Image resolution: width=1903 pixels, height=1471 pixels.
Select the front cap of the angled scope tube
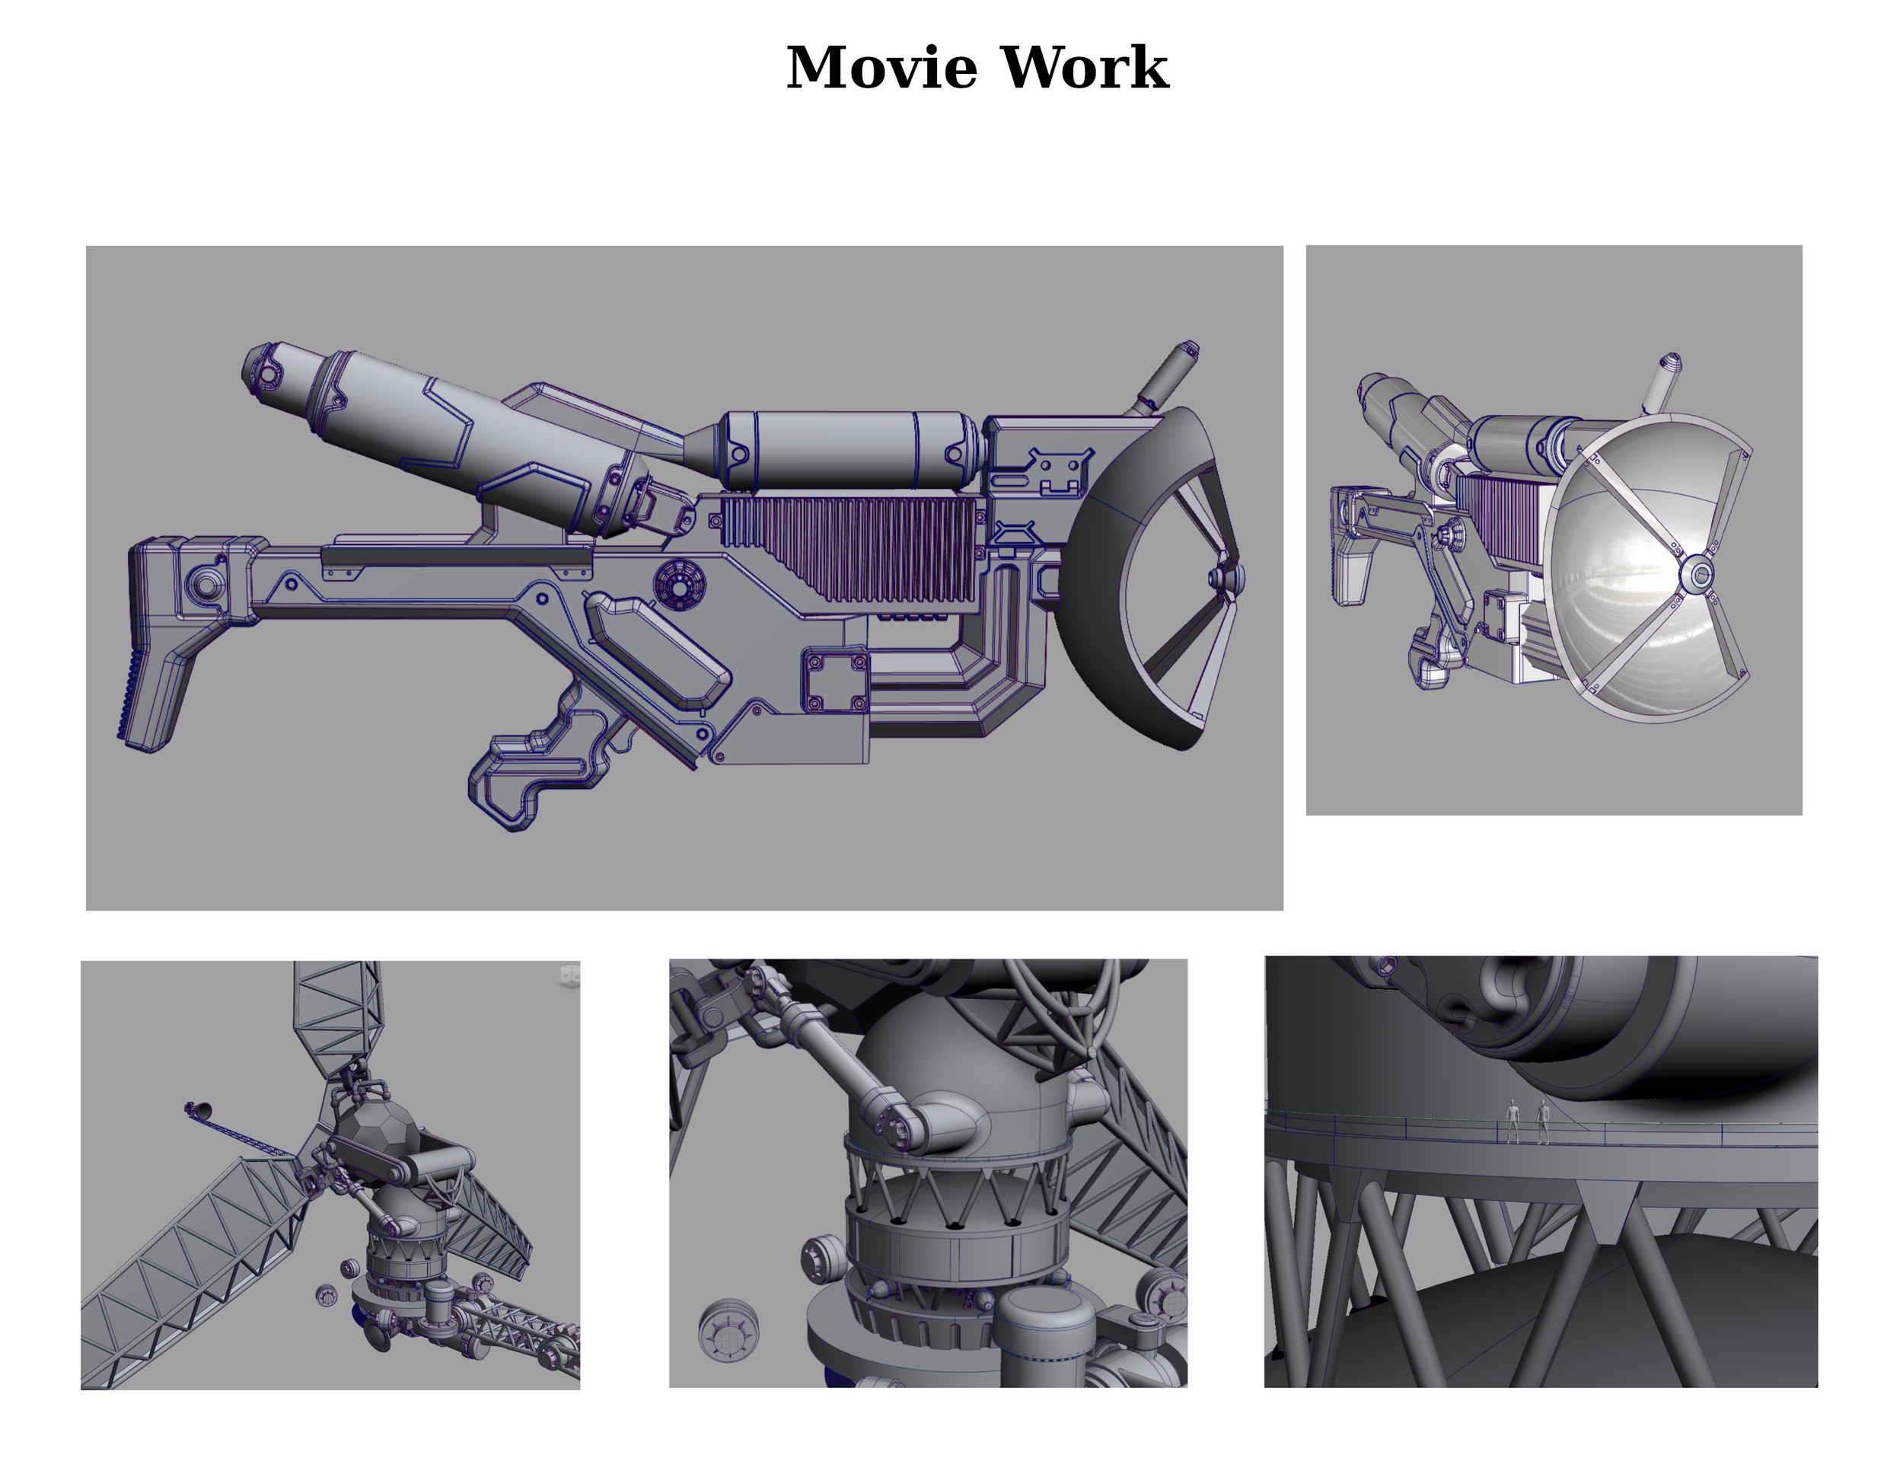pyautogui.click(x=261, y=366)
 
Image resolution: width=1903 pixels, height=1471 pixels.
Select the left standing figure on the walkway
pyautogui.click(x=1513, y=1120)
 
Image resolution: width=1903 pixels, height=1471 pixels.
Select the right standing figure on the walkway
pyautogui.click(x=1543, y=1121)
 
